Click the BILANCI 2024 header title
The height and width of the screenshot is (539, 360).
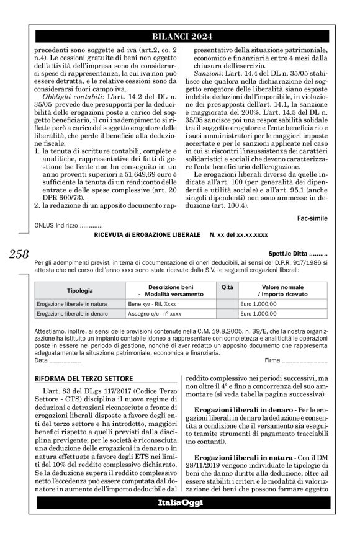tap(181, 35)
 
